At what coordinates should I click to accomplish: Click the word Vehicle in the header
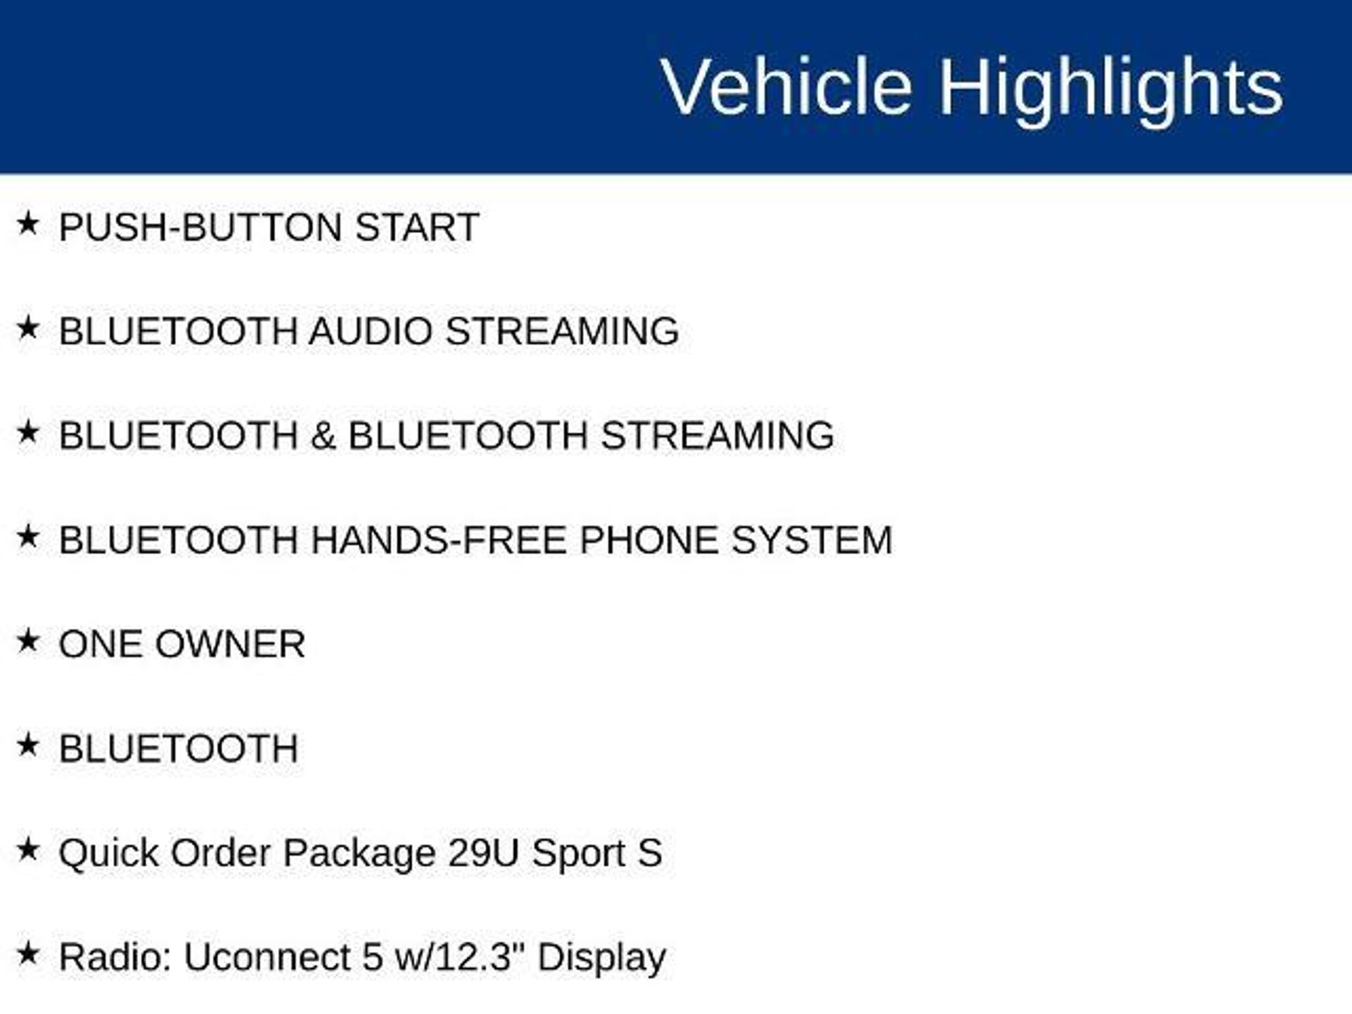[786, 86]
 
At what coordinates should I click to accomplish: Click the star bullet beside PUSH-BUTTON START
[28, 223]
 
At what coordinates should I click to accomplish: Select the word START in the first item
[417, 227]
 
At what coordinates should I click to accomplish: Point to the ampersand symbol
[323, 436]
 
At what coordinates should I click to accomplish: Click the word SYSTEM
[812, 540]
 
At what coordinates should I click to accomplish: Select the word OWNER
[230, 644]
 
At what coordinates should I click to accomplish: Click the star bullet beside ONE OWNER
[28, 640]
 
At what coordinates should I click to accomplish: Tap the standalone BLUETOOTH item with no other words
[178, 749]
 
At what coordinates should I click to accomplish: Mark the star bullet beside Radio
[28, 953]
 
